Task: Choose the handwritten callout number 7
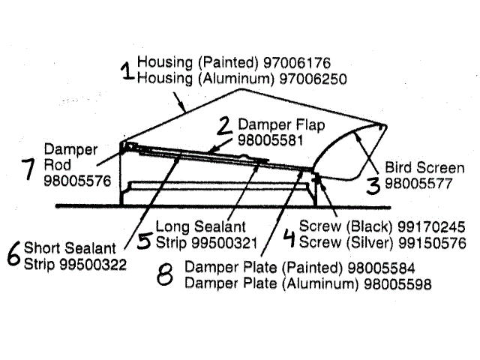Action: click(28, 169)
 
